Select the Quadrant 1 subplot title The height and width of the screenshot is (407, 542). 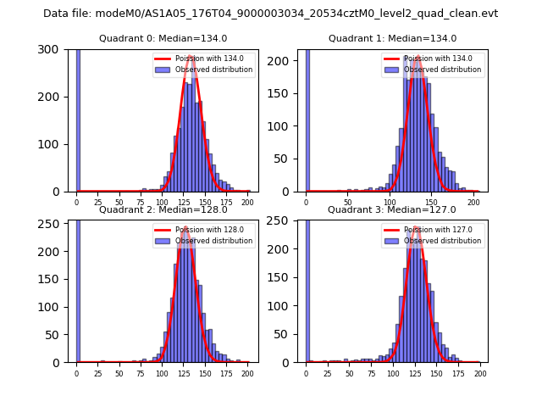pyautogui.click(x=392, y=38)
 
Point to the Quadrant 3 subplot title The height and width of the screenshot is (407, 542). pyautogui.click(x=392, y=209)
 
